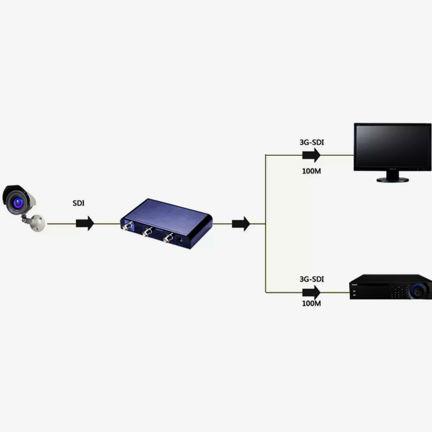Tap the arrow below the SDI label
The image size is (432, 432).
[85, 224]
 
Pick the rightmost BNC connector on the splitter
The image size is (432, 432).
[167, 237]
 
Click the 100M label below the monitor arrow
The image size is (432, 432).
[311, 171]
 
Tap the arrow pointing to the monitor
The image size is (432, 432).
[312, 155]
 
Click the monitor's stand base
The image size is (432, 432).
[392, 179]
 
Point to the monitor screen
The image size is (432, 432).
[392, 147]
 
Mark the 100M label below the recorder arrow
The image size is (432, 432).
[311, 303]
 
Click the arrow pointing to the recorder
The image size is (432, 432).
[312, 293]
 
